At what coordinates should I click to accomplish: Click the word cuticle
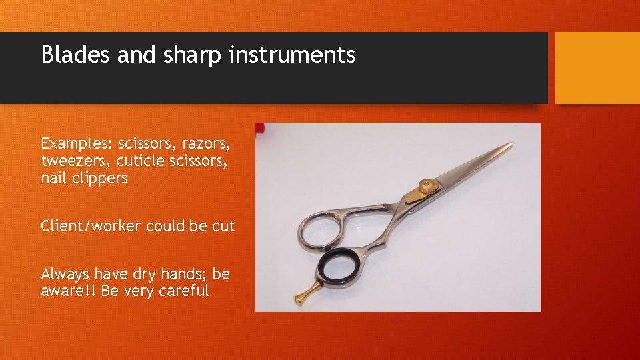point(142,161)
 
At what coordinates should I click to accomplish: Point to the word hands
point(180,274)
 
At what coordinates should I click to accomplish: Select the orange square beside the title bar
point(597,68)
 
